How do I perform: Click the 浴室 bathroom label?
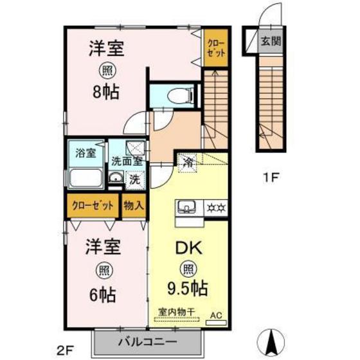click(x=85, y=153)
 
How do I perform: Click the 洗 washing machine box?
click(x=134, y=180)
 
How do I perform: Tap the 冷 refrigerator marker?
click(x=188, y=161)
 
